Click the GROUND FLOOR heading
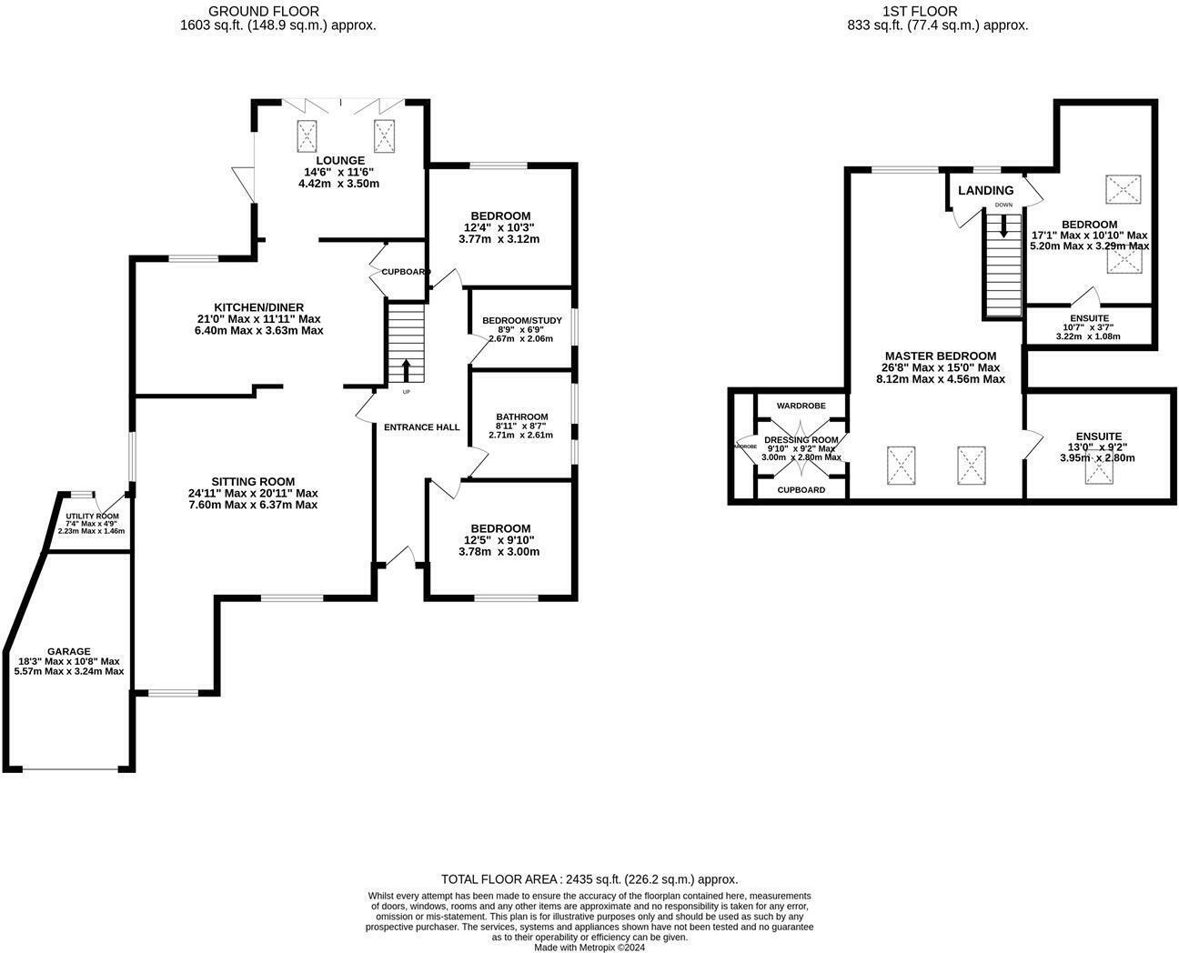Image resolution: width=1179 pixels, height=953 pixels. pyautogui.click(x=251, y=11)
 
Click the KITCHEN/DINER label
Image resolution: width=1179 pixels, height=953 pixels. pyautogui.click(x=258, y=307)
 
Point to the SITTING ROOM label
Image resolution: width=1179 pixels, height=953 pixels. pyautogui.click(x=253, y=482)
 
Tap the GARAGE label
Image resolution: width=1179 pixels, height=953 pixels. pyautogui.click(x=69, y=651)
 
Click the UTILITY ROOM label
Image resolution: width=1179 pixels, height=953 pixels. pyautogui.click(x=92, y=516)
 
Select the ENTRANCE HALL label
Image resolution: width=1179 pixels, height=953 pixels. pyautogui.click(x=421, y=427)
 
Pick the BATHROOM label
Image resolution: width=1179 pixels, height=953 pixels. pyautogui.click(x=521, y=416)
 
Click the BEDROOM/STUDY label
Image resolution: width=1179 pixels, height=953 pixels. pyautogui.click(x=521, y=320)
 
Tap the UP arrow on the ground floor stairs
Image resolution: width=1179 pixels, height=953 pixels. pyautogui.click(x=406, y=370)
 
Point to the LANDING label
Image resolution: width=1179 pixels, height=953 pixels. pyautogui.click(x=985, y=191)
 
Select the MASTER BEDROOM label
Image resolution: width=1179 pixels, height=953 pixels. pyautogui.click(x=940, y=356)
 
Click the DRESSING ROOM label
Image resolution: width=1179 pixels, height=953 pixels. pyautogui.click(x=801, y=440)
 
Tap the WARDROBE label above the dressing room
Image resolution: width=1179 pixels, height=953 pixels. pyautogui.click(x=801, y=406)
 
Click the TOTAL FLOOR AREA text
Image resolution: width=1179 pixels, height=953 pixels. pyautogui.click(x=589, y=879)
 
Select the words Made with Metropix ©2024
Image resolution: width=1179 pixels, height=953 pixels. pyautogui.click(x=589, y=947)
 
